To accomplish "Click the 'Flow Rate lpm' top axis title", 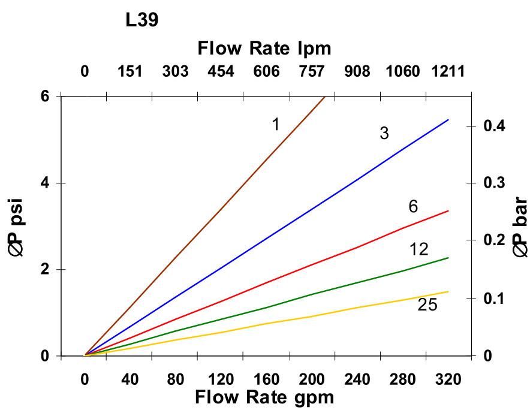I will tap(264, 47).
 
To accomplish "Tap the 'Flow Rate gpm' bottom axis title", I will tap(264, 397).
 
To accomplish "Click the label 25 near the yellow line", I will tap(427, 305).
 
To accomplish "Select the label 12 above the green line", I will tap(419, 249).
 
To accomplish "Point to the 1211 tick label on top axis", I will tap(448, 72).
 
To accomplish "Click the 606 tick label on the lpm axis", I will tap(266, 72).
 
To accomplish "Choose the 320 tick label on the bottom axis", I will tap(448, 379).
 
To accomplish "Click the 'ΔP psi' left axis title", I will tap(22, 226).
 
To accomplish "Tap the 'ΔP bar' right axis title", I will tap(519, 226).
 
